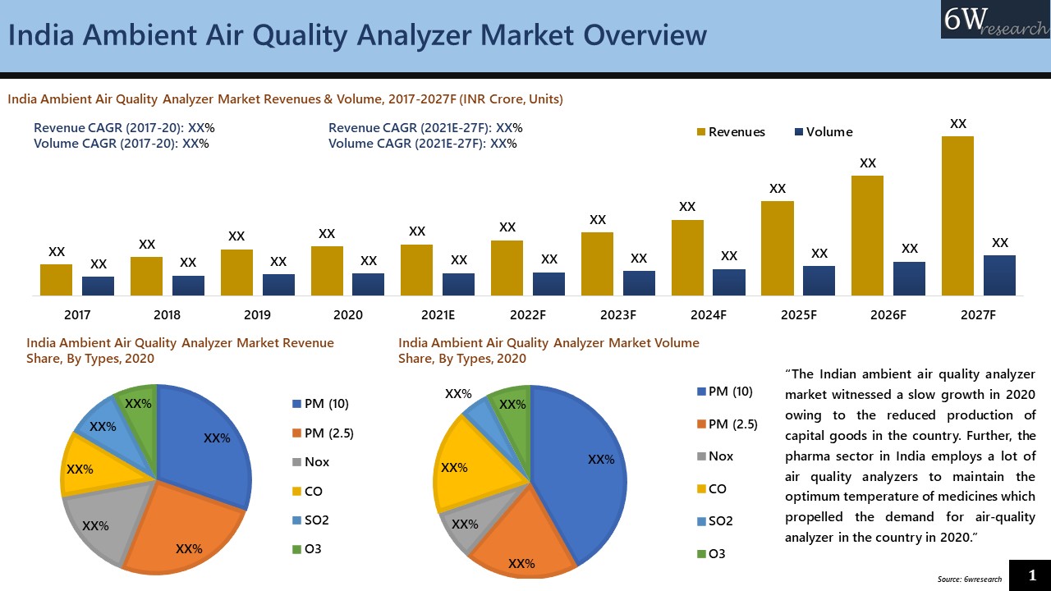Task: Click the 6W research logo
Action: point(995,20)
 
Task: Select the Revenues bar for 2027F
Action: point(957,216)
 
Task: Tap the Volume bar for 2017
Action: point(98,286)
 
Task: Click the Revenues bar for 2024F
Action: point(687,257)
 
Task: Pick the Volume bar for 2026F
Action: point(909,278)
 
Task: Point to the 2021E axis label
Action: point(438,315)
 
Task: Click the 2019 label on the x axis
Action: point(257,315)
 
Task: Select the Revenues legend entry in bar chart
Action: point(731,132)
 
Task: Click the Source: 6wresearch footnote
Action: point(969,580)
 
